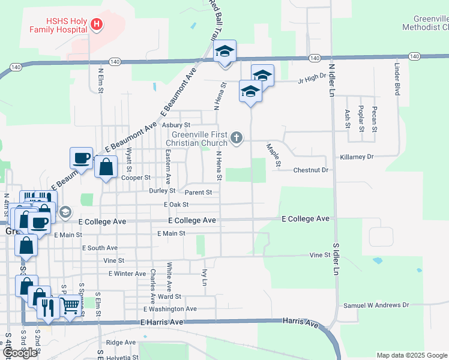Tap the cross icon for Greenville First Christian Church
(237, 139)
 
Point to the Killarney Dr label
(357, 157)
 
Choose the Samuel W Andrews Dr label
(376, 305)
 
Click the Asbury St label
(176, 125)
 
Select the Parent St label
(198, 193)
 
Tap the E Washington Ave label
(170, 309)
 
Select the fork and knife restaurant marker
(47, 307)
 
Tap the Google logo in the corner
(20, 353)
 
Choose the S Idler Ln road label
(336, 258)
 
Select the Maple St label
(274, 154)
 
